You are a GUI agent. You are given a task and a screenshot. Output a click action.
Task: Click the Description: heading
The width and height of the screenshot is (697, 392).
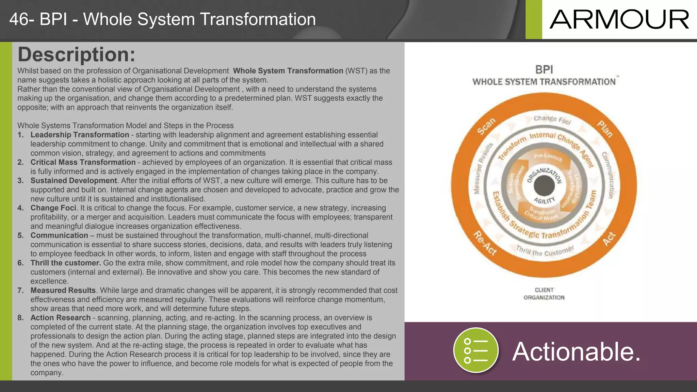click(x=76, y=54)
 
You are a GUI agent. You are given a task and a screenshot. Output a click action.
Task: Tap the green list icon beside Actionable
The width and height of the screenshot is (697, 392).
click(x=476, y=350)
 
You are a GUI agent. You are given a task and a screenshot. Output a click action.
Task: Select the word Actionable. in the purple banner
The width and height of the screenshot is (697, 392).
click(x=577, y=352)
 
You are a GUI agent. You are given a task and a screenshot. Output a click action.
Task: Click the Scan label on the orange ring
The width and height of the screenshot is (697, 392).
click(x=486, y=127)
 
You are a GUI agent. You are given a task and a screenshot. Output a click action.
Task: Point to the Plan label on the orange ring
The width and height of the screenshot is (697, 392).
click(x=605, y=129)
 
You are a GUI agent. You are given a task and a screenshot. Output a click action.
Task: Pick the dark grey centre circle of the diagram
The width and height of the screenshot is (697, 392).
click(x=544, y=186)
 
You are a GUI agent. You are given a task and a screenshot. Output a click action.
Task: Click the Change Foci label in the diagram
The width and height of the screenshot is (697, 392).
click(x=552, y=119)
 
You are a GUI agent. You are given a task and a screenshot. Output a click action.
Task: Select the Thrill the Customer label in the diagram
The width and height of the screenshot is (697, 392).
click(x=545, y=251)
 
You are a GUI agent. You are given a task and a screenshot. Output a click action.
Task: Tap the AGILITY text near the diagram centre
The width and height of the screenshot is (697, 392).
click(x=544, y=200)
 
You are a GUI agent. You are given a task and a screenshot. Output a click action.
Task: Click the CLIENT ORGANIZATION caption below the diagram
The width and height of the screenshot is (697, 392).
click(x=544, y=294)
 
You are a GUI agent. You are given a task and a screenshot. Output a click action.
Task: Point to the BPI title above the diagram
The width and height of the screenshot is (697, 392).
click(x=544, y=70)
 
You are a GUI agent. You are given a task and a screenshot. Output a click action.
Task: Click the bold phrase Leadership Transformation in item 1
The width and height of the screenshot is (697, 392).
click(x=80, y=135)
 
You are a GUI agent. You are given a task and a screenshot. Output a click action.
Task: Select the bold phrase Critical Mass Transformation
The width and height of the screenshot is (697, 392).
click(x=83, y=162)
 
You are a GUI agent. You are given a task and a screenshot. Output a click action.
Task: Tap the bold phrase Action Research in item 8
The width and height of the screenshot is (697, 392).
click(x=60, y=318)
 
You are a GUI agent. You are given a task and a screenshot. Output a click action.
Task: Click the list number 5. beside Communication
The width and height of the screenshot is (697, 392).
click(x=21, y=235)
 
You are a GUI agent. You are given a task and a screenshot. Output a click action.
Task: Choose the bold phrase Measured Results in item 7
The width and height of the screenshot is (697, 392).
click(x=63, y=290)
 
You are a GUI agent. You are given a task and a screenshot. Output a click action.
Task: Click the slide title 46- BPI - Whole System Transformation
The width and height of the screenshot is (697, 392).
click(x=162, y=19)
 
